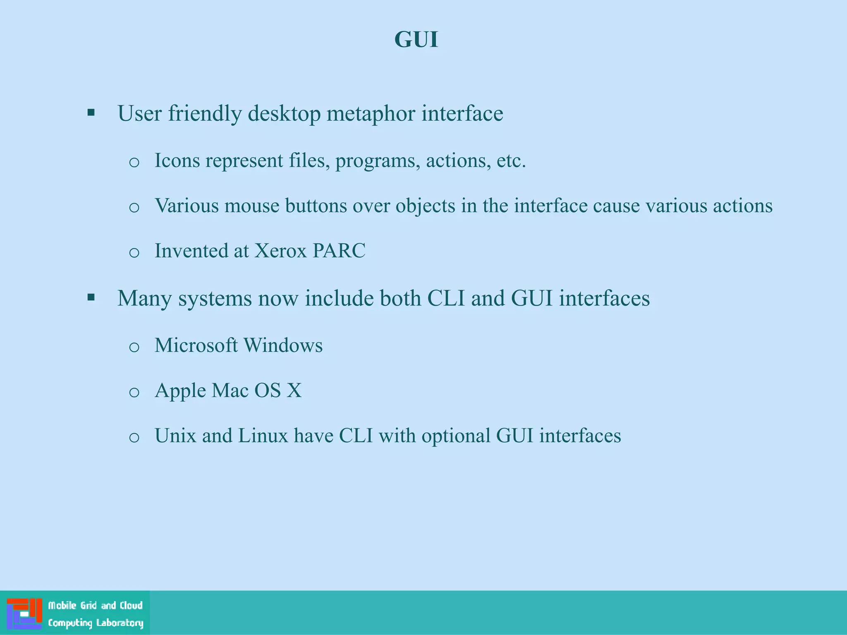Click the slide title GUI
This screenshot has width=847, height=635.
[x=416, y=40]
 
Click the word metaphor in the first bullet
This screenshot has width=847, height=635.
[x=371, y=113]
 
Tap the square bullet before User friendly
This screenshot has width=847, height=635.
[x=91, y=112]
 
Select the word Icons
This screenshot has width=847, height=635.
[x=177, y=160]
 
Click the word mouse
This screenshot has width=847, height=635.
[x=251, y=205]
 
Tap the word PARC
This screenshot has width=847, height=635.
[x=339, y=251]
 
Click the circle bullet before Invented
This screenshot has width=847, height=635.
[x=134, y=252]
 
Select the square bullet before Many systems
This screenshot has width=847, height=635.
[x=91, y=297]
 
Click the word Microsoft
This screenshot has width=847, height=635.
[x=196, y=345]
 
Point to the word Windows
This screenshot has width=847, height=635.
[x=283, y=345]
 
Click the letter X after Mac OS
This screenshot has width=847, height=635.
[x=294, y=390]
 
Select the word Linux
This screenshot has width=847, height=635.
[x=263, y=436]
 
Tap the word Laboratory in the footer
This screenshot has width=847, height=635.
[x=120, y=623]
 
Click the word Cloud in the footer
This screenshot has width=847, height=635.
[x=131, y=606]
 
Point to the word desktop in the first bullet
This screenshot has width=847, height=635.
[x=284, y=113]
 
